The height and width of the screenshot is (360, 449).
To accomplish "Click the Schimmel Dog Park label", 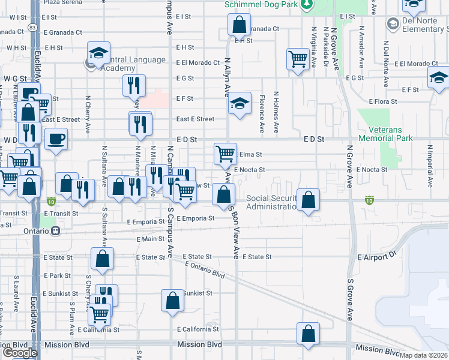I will tap(261, 5).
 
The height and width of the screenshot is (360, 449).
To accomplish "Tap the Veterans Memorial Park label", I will tap(386, 133).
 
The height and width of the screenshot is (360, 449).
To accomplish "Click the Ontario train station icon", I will tap(56, 230).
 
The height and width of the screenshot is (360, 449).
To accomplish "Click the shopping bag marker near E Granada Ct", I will tap(239, 26).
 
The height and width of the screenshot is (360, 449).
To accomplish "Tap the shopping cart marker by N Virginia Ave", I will tap(298, 59).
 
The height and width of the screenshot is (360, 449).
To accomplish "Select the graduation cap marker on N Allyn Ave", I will tap(239, 103).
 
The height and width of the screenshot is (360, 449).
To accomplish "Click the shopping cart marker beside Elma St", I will tap(225, 153).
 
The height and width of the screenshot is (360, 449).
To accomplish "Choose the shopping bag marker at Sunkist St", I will tap(172, 301).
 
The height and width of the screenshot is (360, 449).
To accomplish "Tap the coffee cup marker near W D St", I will tap(56, 140).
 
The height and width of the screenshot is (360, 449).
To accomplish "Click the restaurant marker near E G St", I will tap(134, 85).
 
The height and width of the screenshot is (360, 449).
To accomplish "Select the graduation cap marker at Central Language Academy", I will tap(98, 53).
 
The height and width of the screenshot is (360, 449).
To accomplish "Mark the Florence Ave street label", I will tap(262, 113).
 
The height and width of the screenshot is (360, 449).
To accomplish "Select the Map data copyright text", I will tap(424, 355).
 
